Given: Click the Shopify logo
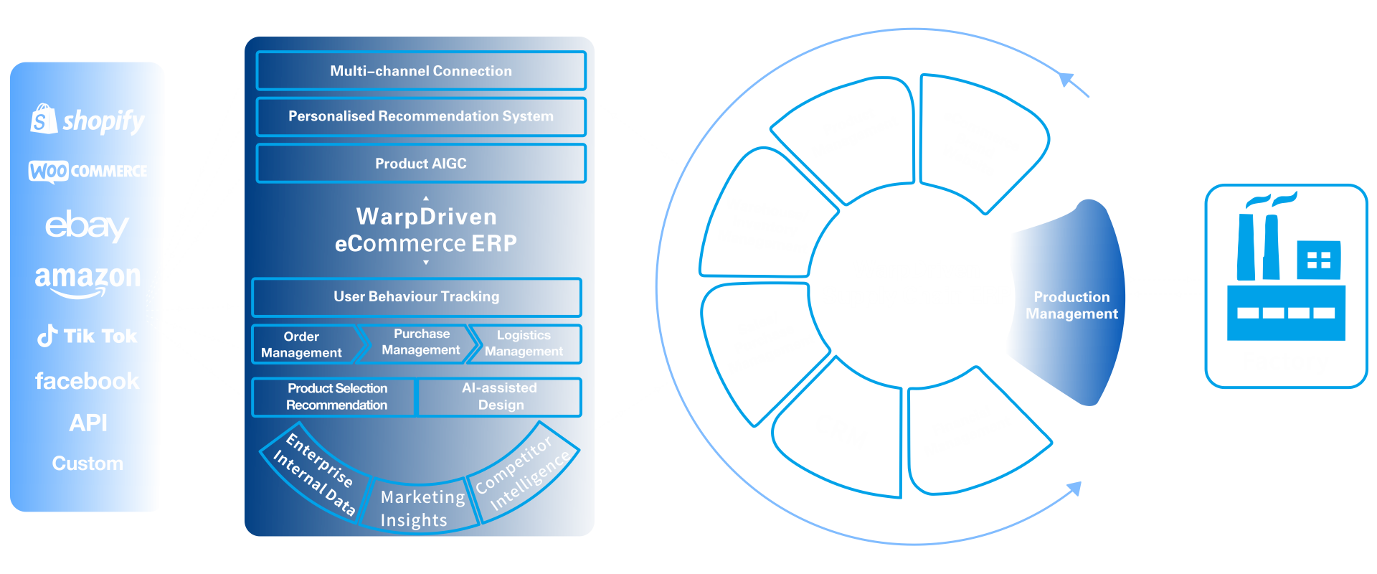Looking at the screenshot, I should coord(87,121).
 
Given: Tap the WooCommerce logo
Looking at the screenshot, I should coord(87,171).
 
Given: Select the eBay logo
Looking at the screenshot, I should coord(87,226).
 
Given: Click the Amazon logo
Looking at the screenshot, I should coord(87,279).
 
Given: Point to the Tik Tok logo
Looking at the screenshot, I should coord(87,336).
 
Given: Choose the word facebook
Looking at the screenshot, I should coord(87,381).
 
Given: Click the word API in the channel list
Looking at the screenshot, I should coord(88,423).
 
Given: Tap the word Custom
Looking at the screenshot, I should coord(87,464).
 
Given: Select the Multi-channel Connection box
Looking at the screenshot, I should coord(421,71).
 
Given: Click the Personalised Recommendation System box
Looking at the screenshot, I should coord(421,116).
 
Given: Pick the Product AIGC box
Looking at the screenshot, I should coord(421,164).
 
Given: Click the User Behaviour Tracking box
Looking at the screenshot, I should coord(417,297).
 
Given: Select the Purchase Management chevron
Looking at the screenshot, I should coord(420,342).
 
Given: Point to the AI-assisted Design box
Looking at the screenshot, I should coord(501,397).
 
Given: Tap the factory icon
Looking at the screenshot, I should coord(1286,286).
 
